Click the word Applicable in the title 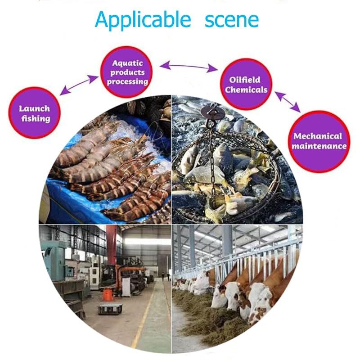pyautogui.click(x=143, y=20)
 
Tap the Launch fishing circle pyautogui.click(x=35, y=113)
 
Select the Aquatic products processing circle pyautogui.click(x=126, y=72)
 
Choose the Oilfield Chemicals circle pyautogui.click(x=246, y=84)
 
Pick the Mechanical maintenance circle pyautogui.click(x=319, y=141)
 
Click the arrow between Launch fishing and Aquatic pyautogui.click(x=79, y=85)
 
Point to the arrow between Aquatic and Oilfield pyautogui.click(x=189, y=66)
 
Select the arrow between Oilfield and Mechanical pyautogui.click(x=288, y=102)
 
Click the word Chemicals pyautogui.click(x=246, y=90)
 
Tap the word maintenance pyautogui.click(x=319, y=146)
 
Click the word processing pyautogui.click(x=127, y=82)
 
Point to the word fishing pyautogui.click(x=36, y=119)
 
